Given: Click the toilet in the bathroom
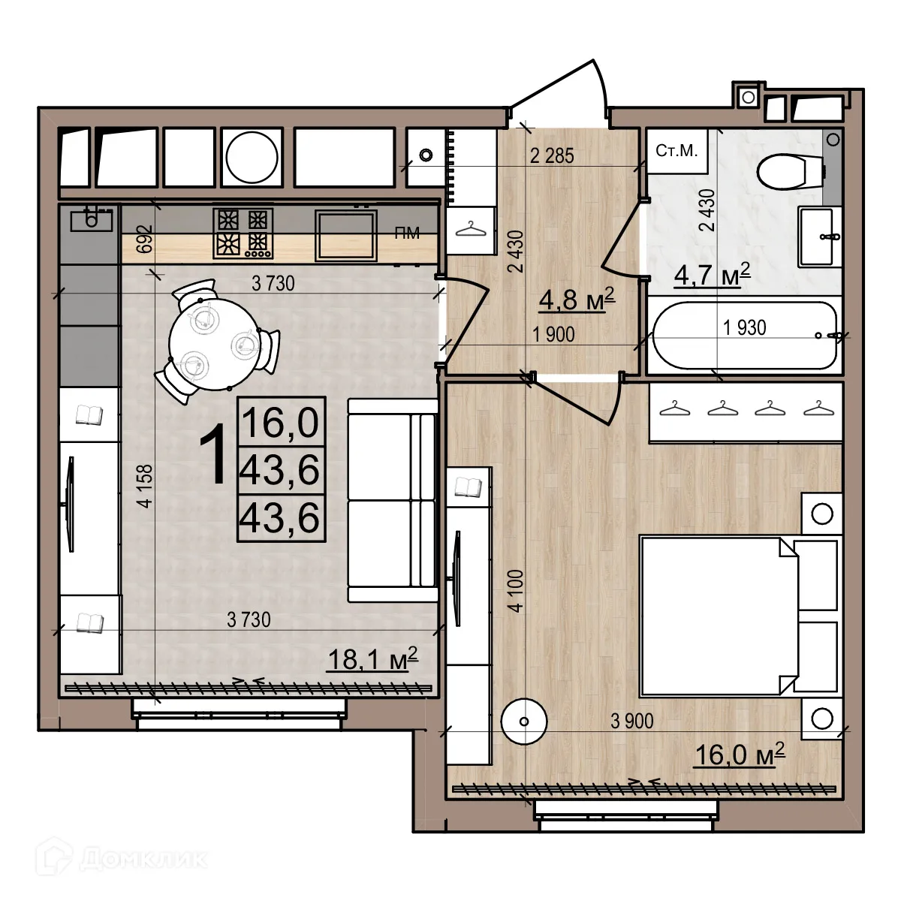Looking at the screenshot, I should point(788,172).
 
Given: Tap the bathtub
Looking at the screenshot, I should point(744,336).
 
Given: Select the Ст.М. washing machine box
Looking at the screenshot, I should point(677,151).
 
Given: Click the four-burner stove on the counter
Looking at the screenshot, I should point(243,232).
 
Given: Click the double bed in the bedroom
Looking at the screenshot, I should point(717,615).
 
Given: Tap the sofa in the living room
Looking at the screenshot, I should point(392,500).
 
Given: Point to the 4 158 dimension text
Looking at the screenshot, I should point(145,487).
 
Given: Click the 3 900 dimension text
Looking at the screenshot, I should point(631,722).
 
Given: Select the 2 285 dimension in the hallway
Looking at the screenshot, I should point(552,155).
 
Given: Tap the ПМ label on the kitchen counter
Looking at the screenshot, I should point(407,234).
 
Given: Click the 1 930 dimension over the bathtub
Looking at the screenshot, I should point(744,327).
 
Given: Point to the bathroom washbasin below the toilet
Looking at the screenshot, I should point(815,237).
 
